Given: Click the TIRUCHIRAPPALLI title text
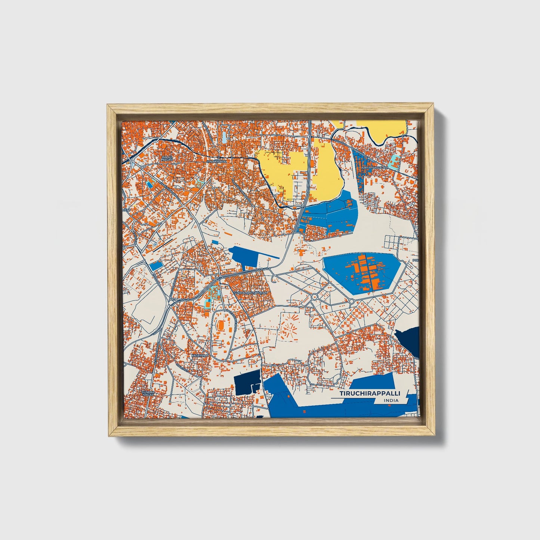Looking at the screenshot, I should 369,394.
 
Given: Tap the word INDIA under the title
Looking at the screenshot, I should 391,401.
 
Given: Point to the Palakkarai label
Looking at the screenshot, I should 215,161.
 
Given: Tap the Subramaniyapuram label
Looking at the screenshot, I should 251,293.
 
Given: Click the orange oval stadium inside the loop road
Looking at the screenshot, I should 221,326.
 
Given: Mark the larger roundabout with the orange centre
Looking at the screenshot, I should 314,297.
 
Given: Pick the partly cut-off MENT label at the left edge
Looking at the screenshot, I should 127,210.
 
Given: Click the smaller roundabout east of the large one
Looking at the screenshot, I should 352,301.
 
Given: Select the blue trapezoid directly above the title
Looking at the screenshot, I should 374,381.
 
